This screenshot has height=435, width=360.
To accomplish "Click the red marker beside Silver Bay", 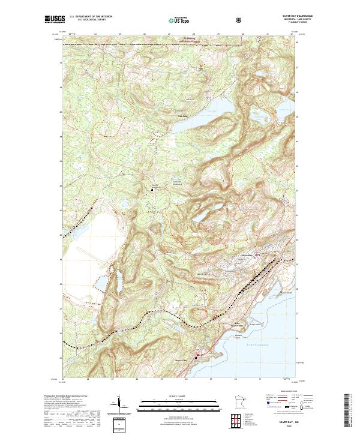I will click(x=258, y=256).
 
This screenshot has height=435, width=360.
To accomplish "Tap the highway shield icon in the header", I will click(x=240, y=20).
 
